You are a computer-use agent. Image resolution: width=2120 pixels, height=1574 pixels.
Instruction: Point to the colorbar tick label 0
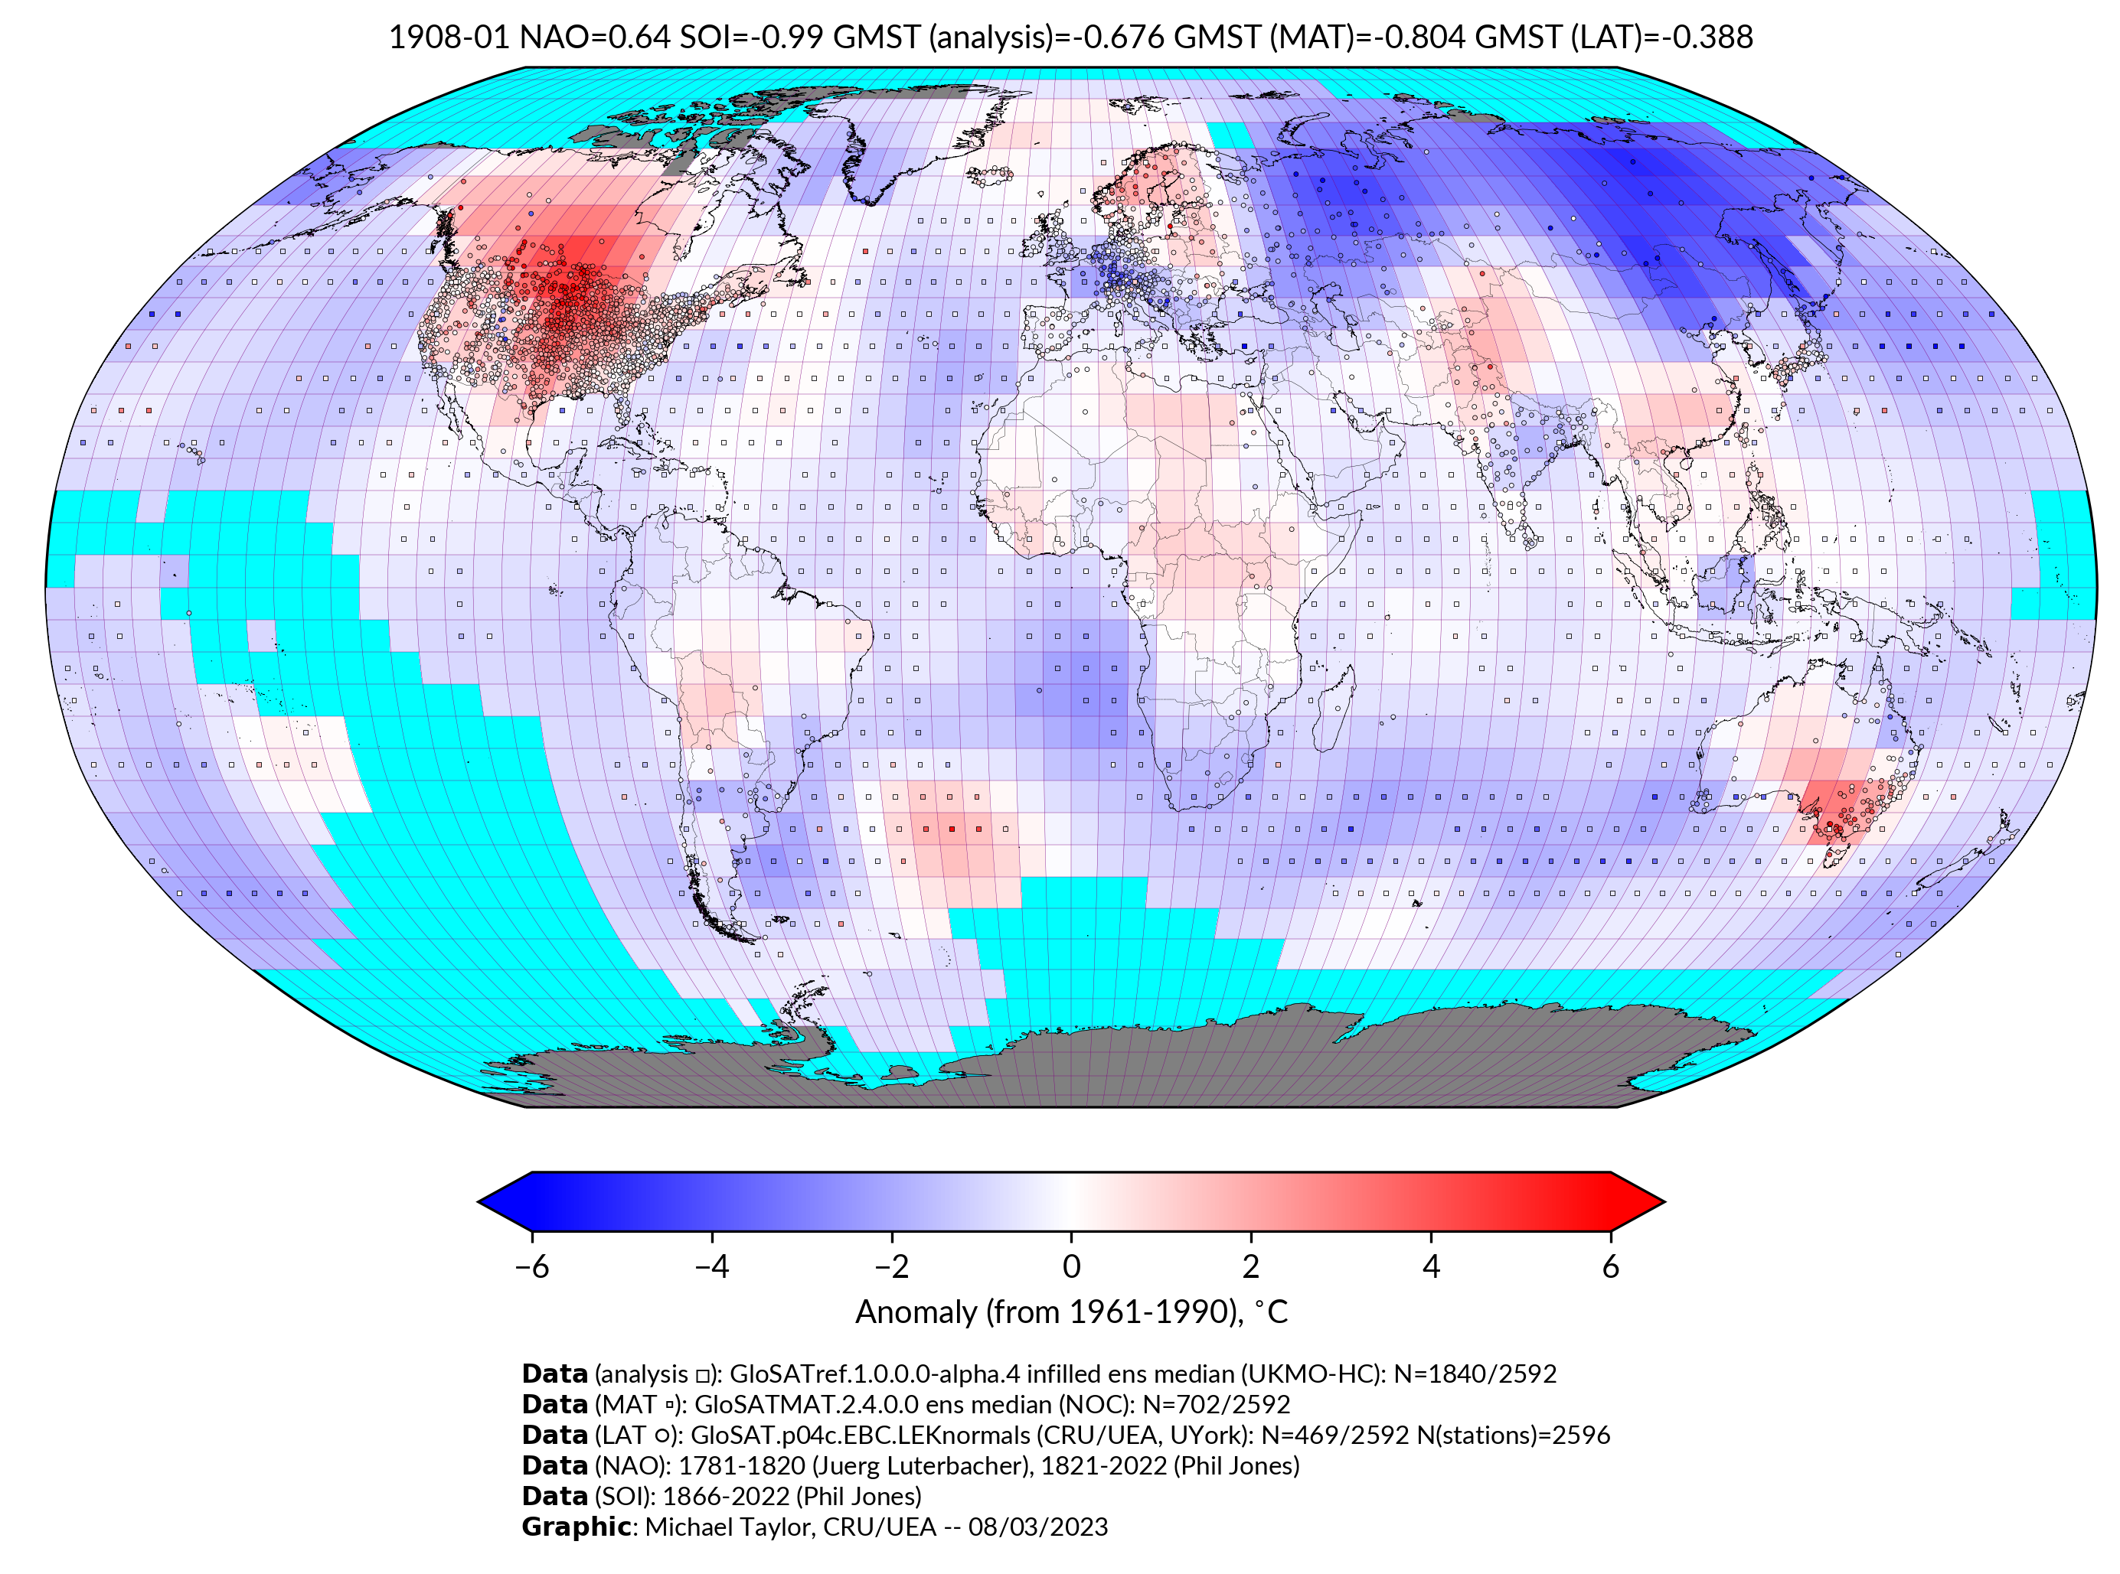click(x=1070, y=1266)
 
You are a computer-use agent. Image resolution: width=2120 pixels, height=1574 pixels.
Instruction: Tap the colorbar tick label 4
click(x=1430, y=1266)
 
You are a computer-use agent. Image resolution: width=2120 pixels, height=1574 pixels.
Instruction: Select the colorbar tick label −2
click(x=891, y=1266)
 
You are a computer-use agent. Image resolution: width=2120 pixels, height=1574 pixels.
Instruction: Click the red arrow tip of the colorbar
click(x=1639, y=1201)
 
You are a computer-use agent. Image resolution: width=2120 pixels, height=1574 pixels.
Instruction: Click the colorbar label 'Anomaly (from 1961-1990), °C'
click(x=1070, y=1312)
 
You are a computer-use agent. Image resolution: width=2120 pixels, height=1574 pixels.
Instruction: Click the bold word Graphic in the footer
click(x=576, y=1527)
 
